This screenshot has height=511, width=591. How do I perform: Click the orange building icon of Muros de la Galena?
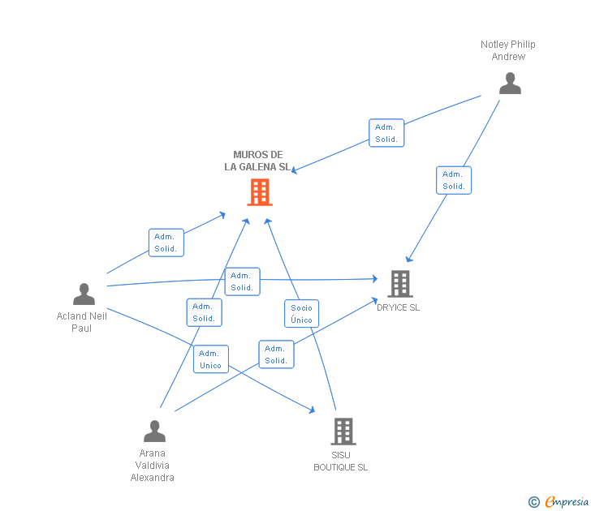[259, 192]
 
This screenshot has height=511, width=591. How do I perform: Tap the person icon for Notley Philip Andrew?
[510, 84]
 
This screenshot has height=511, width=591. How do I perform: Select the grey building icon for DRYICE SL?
[399, 283]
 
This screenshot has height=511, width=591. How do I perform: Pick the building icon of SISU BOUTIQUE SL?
[343, 432]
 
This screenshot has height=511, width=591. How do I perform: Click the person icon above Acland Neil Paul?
[84, 294]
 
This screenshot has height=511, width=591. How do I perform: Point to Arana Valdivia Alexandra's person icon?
[154, 431]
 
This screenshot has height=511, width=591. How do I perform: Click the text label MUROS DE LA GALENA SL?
[257, 161]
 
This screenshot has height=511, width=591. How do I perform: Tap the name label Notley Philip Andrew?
[508, 50]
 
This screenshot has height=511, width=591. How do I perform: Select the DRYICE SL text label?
[398, 307]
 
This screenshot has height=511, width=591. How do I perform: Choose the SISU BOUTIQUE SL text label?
[341, 461]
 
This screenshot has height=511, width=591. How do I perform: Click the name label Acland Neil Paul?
[82, 322]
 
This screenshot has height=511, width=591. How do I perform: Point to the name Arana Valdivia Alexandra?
[153, 466]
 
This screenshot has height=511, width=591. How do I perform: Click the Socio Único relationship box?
[301, 314]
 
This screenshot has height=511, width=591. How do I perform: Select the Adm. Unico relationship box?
[210, 359]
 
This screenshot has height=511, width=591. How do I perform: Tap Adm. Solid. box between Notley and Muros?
[386, 133]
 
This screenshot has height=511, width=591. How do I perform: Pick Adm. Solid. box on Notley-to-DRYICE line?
[453, 180]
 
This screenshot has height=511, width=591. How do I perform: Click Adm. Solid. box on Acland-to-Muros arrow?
[166, 243]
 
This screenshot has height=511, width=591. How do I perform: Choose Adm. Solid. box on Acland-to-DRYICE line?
[242, 281]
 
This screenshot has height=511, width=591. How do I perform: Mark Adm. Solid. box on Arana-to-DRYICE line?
[276, 354]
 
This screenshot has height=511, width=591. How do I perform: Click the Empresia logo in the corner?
[559, 502]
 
